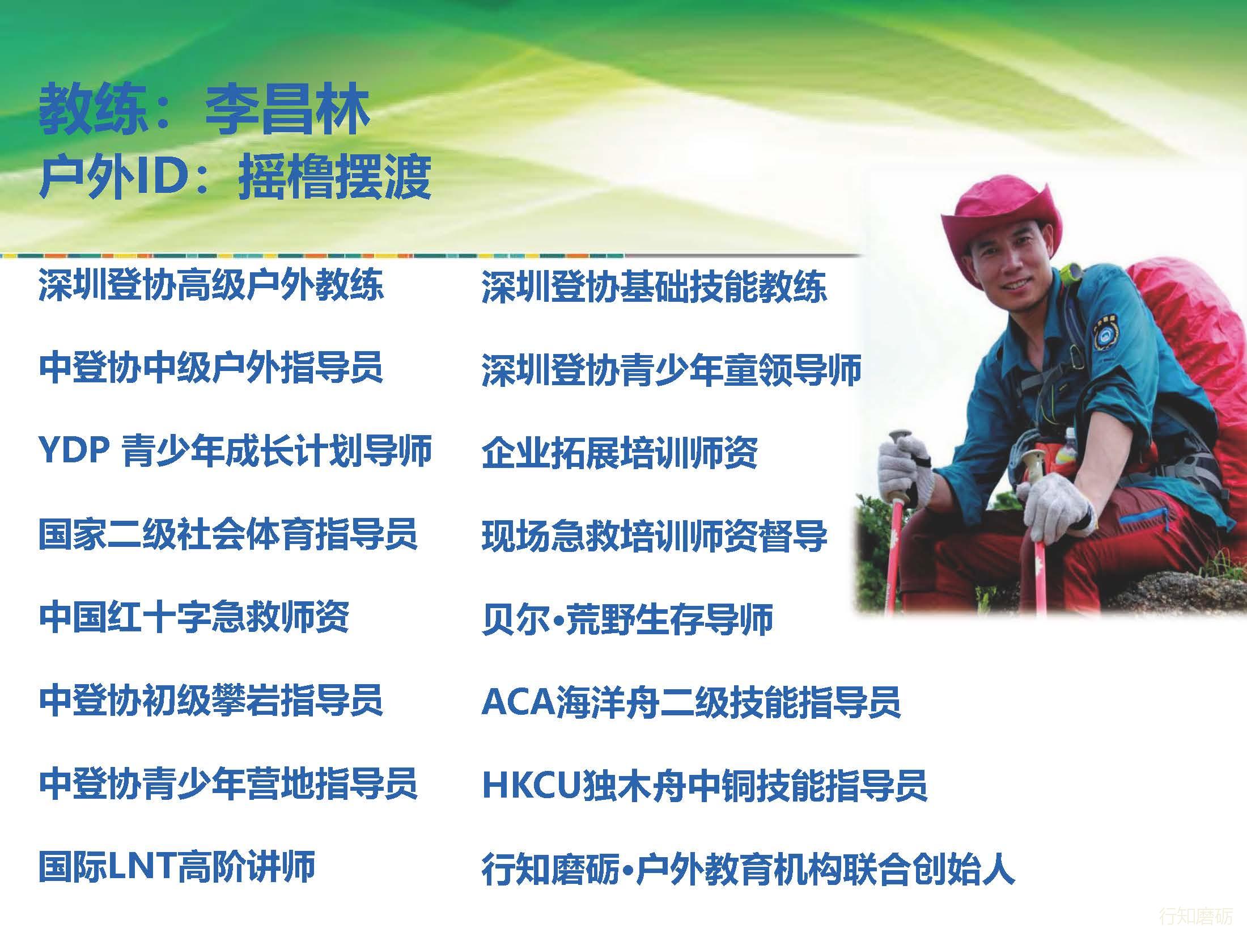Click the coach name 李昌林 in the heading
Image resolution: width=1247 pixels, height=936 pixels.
(287, 109)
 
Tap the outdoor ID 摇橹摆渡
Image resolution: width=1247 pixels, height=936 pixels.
(334, 176)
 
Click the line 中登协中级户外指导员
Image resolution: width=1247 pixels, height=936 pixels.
(211, 368)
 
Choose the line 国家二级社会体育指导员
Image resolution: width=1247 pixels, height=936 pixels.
(228, 534)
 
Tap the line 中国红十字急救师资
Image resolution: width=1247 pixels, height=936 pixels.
(194, 617)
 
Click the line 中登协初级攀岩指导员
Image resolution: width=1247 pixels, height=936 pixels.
(211, 701)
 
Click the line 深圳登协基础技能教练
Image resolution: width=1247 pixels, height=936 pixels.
(654, 286)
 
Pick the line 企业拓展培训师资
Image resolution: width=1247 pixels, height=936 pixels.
(620, 453)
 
